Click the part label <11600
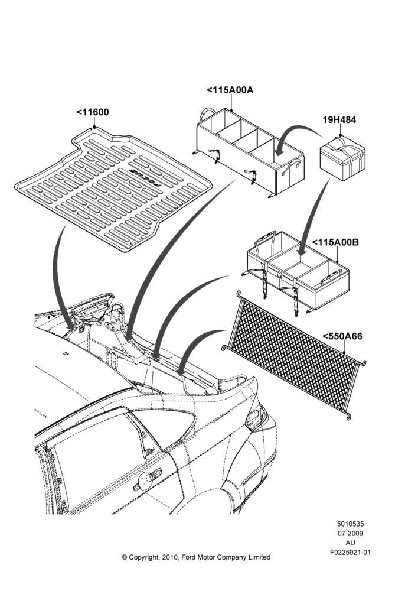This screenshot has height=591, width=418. coord(93,112)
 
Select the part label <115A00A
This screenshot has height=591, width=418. coord(230,90)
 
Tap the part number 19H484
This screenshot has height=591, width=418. coord(339,120)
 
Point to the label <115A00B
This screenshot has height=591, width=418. coord(335,242)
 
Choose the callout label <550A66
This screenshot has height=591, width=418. coord(342,336)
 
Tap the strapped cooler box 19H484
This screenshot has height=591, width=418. coord(342,158)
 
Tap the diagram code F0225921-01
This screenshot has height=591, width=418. coord(350,553)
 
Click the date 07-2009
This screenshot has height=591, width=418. coord(350,533)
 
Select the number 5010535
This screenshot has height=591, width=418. coord(350,524)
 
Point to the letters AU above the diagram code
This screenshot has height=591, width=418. coord(350,543)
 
